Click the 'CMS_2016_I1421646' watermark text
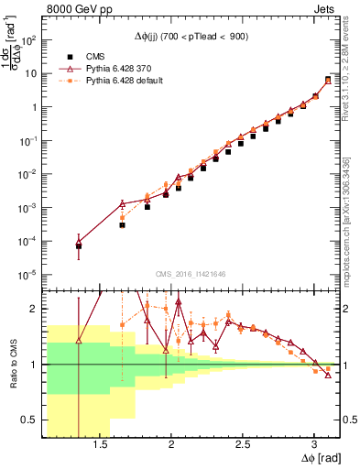(191, 273)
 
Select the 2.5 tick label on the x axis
(243, 445)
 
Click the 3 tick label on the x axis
(314, 445)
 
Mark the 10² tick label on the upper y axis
(30, 40)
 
